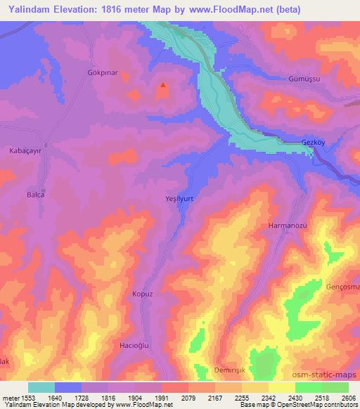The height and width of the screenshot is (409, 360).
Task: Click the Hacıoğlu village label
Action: [x=131, y=347]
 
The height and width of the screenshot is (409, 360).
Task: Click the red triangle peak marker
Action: [x=163, y=86]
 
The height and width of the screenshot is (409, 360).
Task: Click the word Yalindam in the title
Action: [x=30, y=9]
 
